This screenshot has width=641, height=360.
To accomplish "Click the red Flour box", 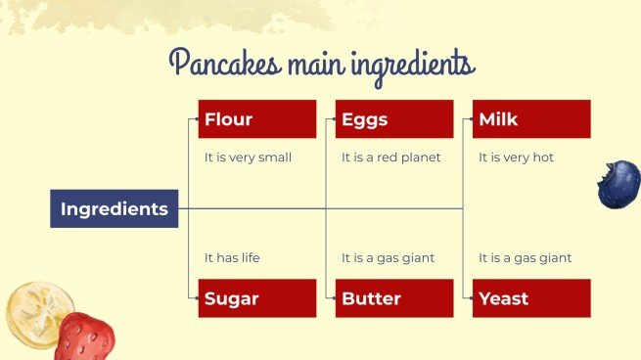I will pos(257,119).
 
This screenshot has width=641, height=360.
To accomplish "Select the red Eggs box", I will pos(394,119).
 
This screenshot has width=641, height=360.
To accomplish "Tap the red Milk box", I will pos(531,119).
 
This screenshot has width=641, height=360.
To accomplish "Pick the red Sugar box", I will pos(257,298).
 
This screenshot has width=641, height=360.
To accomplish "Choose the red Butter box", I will pos(394,298).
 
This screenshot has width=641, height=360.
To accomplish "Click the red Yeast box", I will pos(531,298).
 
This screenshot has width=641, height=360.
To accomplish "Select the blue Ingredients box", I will pos(114,208).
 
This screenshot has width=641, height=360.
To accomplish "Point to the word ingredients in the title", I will pos(411,66).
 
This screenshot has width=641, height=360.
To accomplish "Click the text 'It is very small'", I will pos(248,157).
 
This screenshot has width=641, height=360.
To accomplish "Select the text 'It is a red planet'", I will pos(390,157).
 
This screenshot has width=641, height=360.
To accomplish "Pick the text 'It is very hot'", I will pos(516,157).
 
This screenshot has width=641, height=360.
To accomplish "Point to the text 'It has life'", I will pos(232,258).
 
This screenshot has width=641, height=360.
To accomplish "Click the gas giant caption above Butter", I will pos(388,258).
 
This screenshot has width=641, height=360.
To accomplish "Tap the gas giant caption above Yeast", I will pos(525,258).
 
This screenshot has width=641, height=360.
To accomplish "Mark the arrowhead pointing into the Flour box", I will pos(195,119).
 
